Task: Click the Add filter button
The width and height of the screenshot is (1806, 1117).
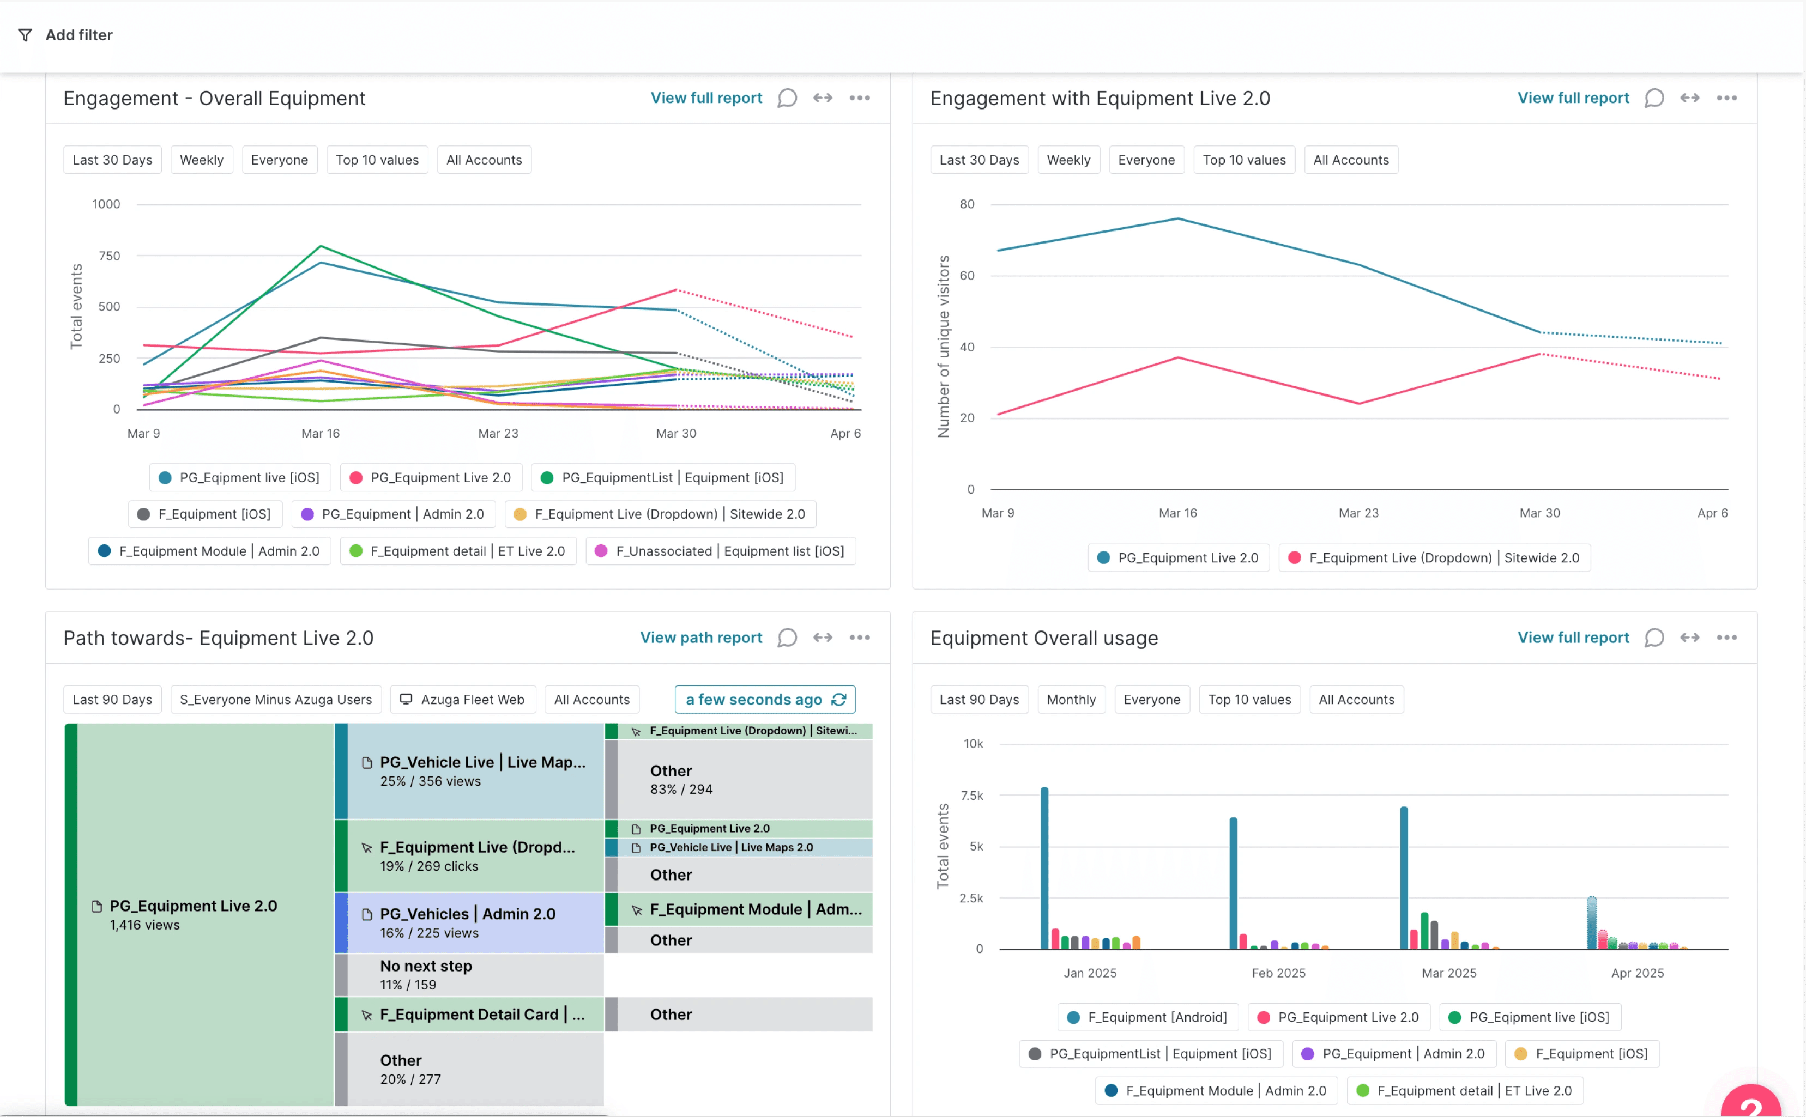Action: tap(67, 35)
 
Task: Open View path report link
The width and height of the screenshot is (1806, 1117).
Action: tap(700, 638)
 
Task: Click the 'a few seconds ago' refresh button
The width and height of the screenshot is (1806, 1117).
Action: tap(764, 700)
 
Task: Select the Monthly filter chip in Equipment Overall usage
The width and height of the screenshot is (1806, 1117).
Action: tap(1071, 700)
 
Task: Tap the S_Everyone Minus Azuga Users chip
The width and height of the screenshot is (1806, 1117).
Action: tap(276, 700)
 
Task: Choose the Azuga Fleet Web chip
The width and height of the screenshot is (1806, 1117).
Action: tap(463, 700)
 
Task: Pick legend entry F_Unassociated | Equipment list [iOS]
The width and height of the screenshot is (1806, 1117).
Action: tap(721, 551)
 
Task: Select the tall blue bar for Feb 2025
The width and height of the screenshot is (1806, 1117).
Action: tap(1233, 883)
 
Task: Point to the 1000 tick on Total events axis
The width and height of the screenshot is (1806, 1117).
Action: tap(106, 204)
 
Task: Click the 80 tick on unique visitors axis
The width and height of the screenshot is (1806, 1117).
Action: tap(967, 204)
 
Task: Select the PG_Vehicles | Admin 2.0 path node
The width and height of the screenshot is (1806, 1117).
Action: tap(468, 922)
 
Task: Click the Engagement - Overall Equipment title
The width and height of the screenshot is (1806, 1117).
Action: tap(214, 98)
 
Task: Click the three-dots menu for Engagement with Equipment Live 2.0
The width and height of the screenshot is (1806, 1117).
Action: tap(1726, 98)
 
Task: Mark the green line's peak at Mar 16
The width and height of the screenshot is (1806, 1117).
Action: tap(320, 246)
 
